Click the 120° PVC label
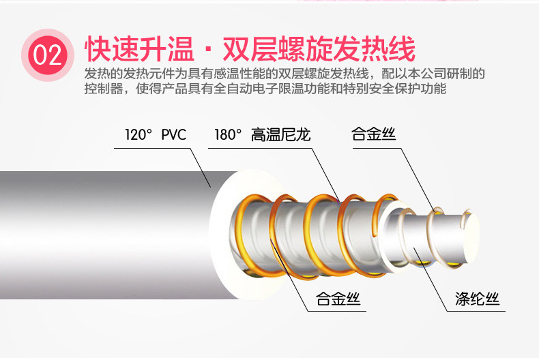[x=155, y=134]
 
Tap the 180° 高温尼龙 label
[x=263, y=134]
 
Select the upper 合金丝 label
[x=373, y=134]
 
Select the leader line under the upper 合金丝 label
[x=416, y=177]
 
